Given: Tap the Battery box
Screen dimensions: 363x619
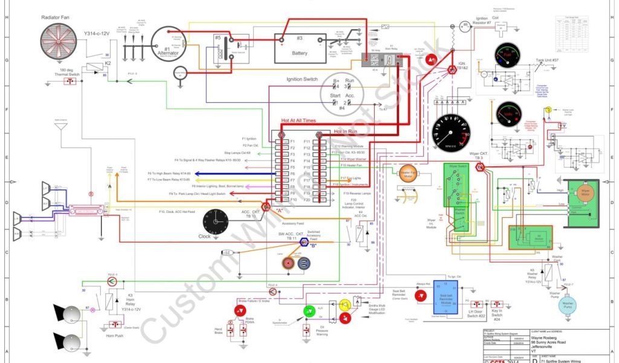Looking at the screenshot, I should tap(299, 48).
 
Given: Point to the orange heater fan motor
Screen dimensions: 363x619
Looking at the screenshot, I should tap(409, 174).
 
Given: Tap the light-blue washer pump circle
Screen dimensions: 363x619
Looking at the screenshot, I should tap(568, 305).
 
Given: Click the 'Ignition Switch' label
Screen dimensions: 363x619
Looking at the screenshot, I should tap(302, 79).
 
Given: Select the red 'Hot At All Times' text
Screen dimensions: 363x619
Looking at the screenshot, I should tap(298, 121).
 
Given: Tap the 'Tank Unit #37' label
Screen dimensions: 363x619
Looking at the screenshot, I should tap(547, 60).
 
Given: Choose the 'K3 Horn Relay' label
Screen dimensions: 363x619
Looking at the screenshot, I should tap(131, 302).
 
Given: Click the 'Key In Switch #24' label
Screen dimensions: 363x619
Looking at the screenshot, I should tap(497, 315).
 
